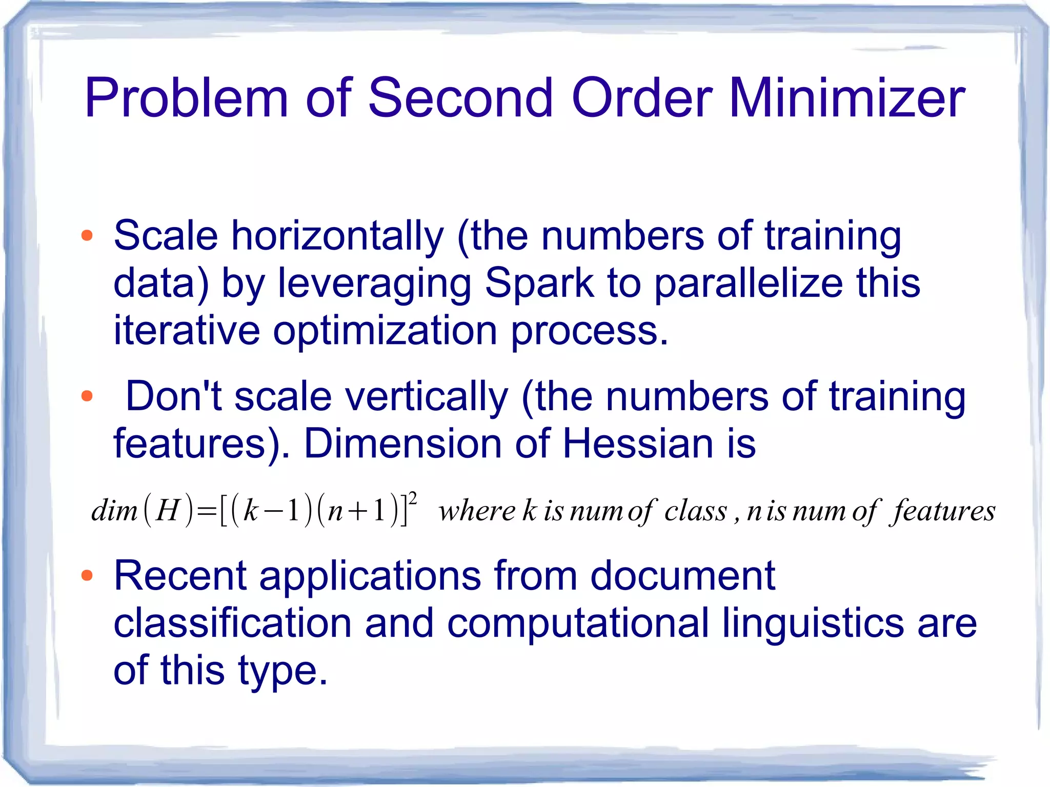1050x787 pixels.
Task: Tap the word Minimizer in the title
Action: (846, 97)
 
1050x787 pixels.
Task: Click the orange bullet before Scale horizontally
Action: (87, 235)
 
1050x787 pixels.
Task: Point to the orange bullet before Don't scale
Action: (87, 396)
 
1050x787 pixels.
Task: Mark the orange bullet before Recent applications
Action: (87, 575)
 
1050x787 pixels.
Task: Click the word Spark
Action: (539, 283)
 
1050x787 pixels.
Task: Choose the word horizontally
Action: (337, 236)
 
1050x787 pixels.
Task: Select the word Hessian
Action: (638, 443)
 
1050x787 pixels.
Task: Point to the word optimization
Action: (385, 331)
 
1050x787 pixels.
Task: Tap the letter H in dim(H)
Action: (168, 511)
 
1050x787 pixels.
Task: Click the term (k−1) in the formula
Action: (271, 511)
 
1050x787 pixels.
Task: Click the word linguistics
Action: (813, 623)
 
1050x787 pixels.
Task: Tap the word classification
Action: (232, 623)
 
